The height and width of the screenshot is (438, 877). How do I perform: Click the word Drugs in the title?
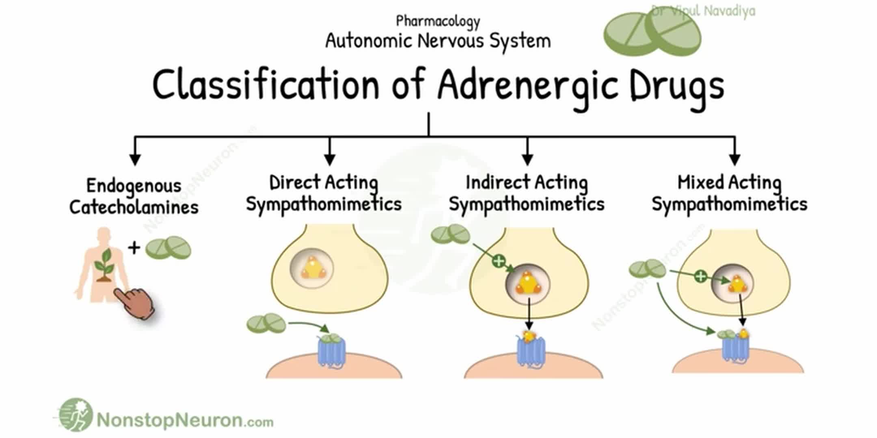pyautogui.click(x=677, y=86)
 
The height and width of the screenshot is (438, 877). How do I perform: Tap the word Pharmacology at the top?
pyautogui.click(x=438, y=21)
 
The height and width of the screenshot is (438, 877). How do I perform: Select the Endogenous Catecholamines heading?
pyautogui.click(x=134, y=196)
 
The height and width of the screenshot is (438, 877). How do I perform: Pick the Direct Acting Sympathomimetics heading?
pyautogui.click(x=324, y=193)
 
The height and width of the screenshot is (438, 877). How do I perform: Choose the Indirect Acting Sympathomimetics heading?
pyautogui.click(x=527, y=193)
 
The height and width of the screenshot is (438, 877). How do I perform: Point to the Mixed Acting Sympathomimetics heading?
pyautogui.click(x=729, y=193)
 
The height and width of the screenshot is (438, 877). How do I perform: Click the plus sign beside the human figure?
pyautogui.click(x=134, y=247)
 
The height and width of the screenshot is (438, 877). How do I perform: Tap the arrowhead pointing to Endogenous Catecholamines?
pyautogui.click(x=135, y=159)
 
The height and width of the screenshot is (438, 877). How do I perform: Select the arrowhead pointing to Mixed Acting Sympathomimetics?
pyautogui.click(x=734, y=159)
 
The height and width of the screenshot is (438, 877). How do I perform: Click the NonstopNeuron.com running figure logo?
pyautogui.click(x=76, y=415)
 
